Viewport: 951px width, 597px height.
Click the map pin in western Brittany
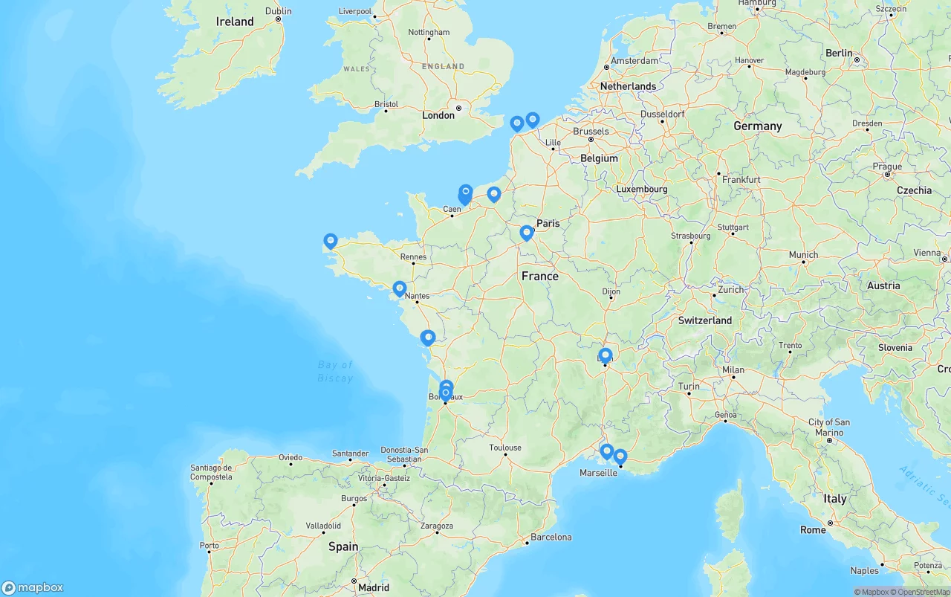point(331,241)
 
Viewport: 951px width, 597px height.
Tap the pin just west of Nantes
point(400,288)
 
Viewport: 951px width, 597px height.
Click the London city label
point(438,115)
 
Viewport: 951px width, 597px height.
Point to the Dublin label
point(279,11)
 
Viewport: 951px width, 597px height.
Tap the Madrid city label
point(374,587)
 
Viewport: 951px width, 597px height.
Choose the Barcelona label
point(552,537)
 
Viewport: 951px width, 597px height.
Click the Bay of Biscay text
point(335,372)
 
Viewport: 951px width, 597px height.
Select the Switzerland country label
point(705,320)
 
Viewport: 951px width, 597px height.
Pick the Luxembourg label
point(642,189)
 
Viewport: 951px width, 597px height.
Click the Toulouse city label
point(505,448)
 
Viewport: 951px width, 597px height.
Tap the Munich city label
point(803,254)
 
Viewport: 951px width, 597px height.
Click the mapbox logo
point(33,587)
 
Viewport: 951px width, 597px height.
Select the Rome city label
point(813,530)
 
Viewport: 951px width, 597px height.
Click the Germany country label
point(758,126)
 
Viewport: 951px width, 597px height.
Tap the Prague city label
point(887,167)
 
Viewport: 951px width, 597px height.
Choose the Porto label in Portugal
point(210,546)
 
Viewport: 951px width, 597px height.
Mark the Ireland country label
point(235,22)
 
